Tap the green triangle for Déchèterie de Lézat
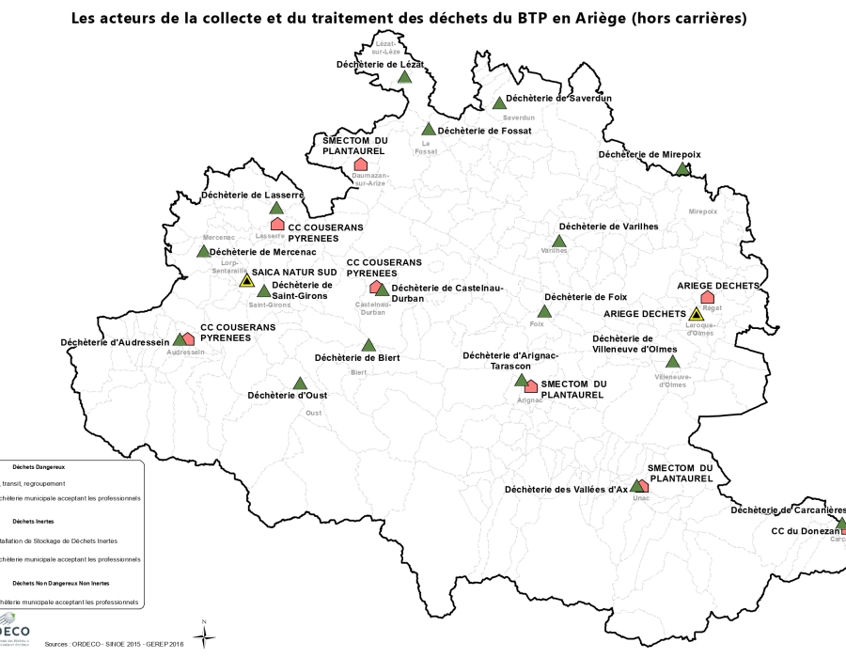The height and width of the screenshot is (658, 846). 404,78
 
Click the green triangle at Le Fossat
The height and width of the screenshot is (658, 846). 429,130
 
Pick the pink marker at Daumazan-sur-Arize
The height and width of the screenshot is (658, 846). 360,164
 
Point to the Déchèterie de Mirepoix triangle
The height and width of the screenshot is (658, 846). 683,169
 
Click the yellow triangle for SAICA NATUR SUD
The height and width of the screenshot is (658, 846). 246,280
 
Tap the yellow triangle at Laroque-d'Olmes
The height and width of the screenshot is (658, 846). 696,314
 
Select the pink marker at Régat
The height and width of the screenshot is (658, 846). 708,297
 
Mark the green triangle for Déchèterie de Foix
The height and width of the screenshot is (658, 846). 544,312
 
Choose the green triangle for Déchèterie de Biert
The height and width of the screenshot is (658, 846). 368,345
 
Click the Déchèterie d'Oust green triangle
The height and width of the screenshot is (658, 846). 300,384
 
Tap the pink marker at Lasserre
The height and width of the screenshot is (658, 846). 277,224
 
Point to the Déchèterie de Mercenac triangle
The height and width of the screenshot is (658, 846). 203,251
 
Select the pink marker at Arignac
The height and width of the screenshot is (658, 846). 531,385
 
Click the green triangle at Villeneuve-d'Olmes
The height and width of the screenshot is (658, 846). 672,362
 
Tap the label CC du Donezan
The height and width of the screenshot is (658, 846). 805,531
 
